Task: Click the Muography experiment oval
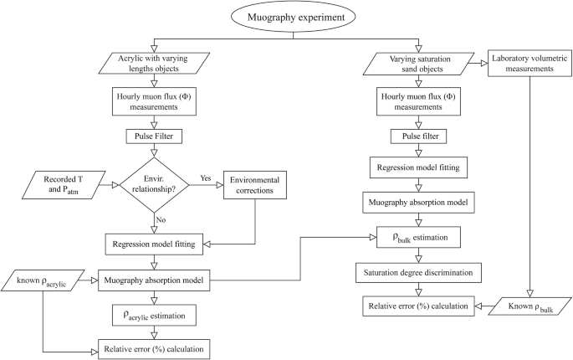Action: tap(287, 16)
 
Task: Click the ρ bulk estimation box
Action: tap(417, 238)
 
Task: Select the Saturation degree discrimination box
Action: tap(417, 273)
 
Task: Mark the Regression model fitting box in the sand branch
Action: tap(417, 167)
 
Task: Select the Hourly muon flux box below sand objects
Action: tap(417, 100)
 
